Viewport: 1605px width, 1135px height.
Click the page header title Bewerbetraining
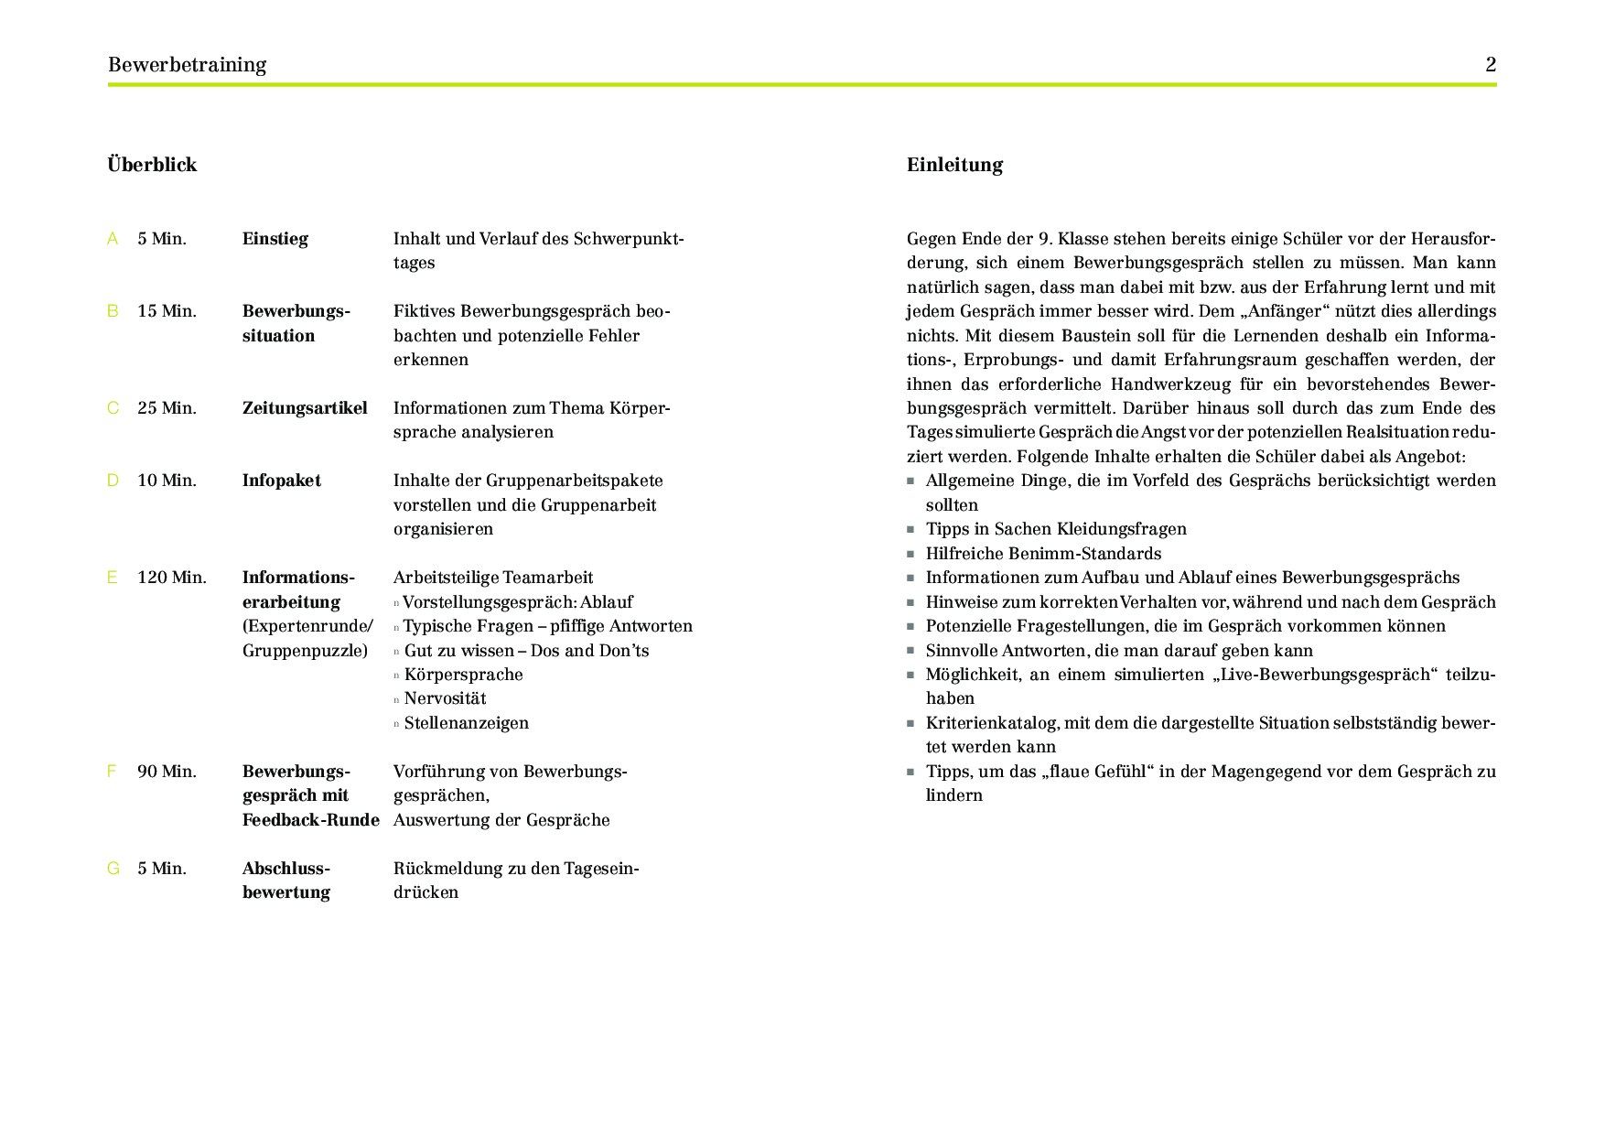[x=187, y=65]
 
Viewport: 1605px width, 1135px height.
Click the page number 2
[x=1491, y=65]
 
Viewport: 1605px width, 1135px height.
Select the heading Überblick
[x=152, y=165]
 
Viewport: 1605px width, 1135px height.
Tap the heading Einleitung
[x=954, y=165]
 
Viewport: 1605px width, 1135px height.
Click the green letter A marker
[x=113, y=239]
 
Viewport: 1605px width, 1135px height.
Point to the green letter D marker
[x=113, y=481]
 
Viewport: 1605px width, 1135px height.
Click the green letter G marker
[x=113, y=869]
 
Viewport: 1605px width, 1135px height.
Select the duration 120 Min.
[x=172, y=578]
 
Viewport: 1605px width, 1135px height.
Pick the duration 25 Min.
[x=167, y=408]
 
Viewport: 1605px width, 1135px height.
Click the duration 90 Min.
[x=167, y=772]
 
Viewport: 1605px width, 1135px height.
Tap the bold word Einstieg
[x=275, y=239]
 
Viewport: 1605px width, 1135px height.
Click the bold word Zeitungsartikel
[x=305, y=408]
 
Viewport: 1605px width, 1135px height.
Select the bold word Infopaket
[x=281, y=481]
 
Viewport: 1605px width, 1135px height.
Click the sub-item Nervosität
[x=445, y=698]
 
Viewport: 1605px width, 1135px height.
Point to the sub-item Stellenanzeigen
[x=466, y=723]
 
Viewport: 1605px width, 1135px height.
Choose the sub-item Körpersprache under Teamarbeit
[x=463, y=675]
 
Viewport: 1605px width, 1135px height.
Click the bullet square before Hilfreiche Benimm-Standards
[x=910, y=555]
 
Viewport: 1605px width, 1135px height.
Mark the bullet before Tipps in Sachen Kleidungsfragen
[x=910, y=530]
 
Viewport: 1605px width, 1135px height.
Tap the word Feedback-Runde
[x=310, y=820]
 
